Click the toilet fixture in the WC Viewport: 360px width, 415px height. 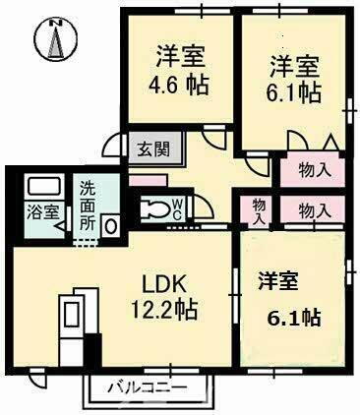pos(157,208)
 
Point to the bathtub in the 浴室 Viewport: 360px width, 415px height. pos(40,186)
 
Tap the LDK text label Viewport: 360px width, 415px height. pos(163,282)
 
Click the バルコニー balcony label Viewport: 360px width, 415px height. pos(148,387)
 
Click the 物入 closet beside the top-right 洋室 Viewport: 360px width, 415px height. pos(313,170)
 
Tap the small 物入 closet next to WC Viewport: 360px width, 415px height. pos(258,210)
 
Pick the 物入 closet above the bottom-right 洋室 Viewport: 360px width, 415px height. pos(313,210)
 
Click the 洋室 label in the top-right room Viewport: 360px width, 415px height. pos(294,66)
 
